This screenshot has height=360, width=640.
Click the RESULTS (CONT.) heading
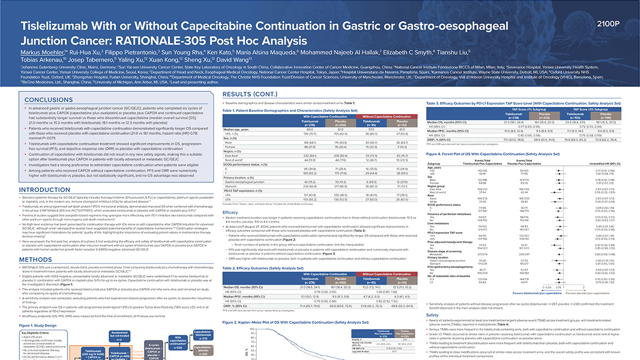(x=247, y=93)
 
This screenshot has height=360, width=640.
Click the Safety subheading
(x=432, y=314)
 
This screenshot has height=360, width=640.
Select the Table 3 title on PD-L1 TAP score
(x=522, y=87)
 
